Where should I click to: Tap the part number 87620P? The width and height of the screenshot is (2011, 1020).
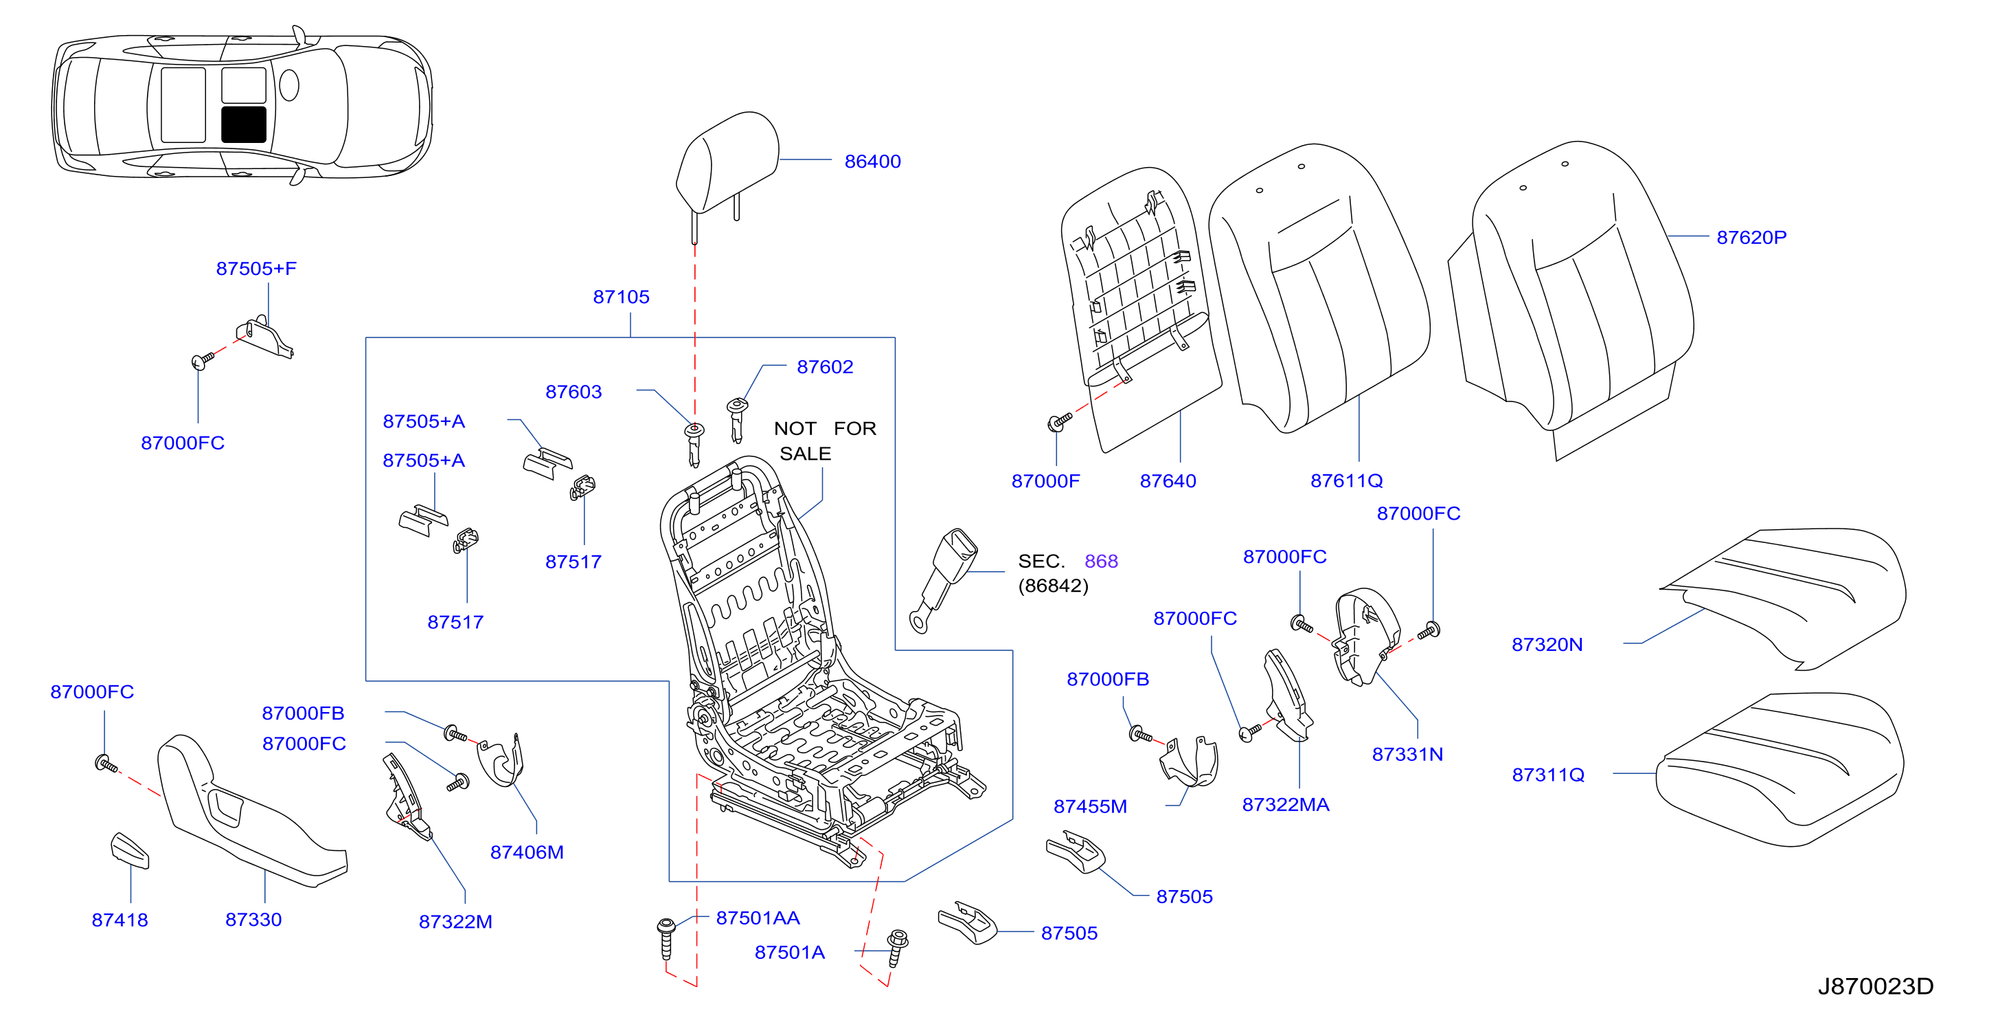coord(1751,237)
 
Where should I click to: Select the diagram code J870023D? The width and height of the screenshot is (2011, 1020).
coord(1876,986)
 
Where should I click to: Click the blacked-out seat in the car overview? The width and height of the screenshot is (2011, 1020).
coord(244,124)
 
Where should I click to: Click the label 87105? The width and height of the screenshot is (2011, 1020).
coord(622,297)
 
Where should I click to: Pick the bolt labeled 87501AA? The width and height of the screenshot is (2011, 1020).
coord(666,938)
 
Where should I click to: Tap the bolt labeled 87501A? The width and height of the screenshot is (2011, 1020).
coord(897,948)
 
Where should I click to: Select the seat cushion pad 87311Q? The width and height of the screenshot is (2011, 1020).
coord(1780,770)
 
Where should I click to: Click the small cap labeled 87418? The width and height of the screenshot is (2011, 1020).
coord(130,850)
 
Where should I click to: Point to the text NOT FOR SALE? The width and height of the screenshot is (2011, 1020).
coord(824,441)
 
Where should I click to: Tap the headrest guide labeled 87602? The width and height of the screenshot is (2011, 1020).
coord(736,419)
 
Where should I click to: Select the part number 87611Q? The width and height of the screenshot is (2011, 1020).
coord(1347,481)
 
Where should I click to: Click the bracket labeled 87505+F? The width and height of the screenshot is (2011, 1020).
coord(265,337)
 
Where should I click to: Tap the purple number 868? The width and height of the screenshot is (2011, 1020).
coord(1101,562)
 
